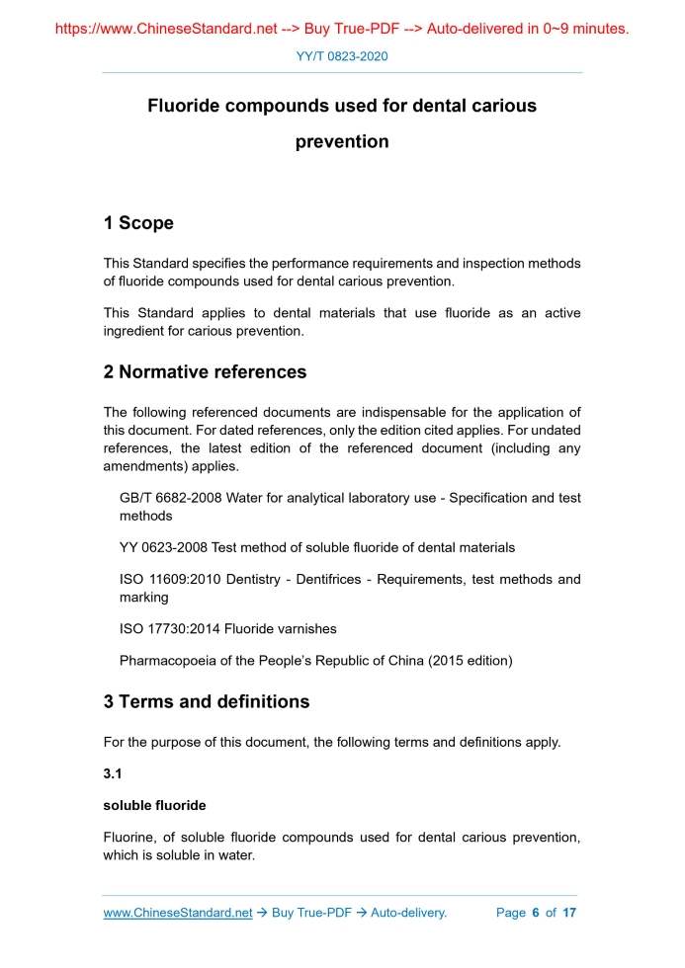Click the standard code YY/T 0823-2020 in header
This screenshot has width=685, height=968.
(342, 56)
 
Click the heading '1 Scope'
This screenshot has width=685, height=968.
(138, 223)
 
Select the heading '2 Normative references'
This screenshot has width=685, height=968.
(205, 372)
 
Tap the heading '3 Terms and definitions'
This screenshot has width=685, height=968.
(206, 702)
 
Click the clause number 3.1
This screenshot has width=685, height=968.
(114, 773)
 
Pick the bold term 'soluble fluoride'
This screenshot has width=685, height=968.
(154, 806)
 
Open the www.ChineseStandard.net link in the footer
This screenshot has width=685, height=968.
(178, 913)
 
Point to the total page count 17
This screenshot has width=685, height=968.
(569, 913)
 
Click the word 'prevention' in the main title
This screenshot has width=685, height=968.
(342, 141)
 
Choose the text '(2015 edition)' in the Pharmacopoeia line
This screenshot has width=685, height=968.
(471, 660)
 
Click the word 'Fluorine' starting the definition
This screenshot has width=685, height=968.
(130, 838)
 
